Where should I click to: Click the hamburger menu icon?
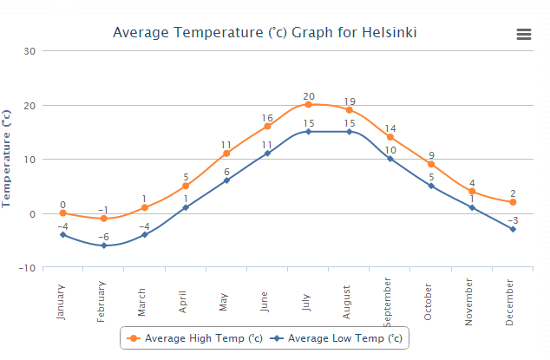[x=523, y=34]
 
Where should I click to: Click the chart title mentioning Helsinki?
[x=265, y=33]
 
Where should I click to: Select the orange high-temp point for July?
[x=308, y=105]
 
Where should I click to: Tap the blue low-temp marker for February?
[x=103, y=245]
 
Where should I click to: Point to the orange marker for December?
[x=513, y=202]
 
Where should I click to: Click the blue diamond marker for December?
[x=513, y=229]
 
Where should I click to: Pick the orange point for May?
[x=226, y=154]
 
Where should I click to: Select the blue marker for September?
[x=390, y=159]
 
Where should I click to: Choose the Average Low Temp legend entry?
[x=337, y=337]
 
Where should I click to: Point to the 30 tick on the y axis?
[x=29, y=50]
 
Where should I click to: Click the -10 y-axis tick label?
[x=26, y=268]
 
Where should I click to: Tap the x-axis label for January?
[x=62, y=300]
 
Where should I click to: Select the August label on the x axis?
[x=348, y=302]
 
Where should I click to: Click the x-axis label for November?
[x=471, y=304]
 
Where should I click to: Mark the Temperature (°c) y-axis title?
[x=7, y=158]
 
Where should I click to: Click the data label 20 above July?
[x=309, y=96]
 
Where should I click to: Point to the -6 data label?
[x=103, y=237]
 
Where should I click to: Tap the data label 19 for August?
[x=350, y=101]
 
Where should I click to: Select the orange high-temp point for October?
[x=431, y=165]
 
